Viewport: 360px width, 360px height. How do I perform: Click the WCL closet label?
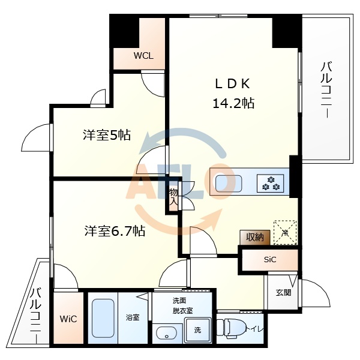pos(143,56)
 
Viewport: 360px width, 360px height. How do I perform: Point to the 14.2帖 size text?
pos(233,103)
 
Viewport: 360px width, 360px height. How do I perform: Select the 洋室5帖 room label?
pos(107,136)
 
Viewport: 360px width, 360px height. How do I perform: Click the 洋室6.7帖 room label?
pos(114,230)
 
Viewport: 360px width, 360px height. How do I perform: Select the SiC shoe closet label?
pos(270,260)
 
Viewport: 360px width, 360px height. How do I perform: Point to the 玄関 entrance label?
pos(283,293)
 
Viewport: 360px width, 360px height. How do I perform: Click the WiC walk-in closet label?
pos(68,319)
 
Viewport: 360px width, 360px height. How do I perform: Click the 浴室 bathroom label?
pos(132,317)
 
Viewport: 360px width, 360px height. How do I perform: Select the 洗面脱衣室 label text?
pos(183,305)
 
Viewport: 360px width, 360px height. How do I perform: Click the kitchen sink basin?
pos(226,182)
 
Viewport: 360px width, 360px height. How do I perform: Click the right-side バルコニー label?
pos(327,90)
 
